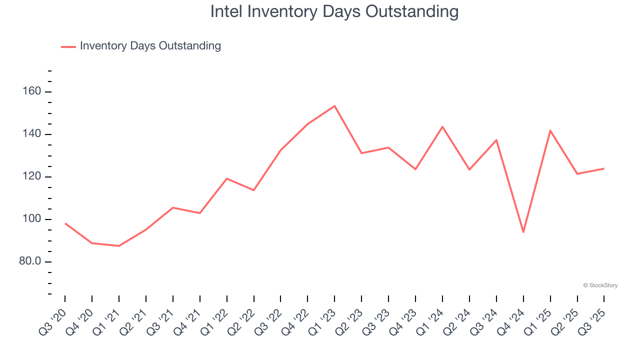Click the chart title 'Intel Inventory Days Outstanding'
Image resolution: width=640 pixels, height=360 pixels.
(x=334, y=11)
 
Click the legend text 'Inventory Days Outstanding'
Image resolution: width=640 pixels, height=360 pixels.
(x=150, y=46)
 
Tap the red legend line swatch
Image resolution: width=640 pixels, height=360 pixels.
(x=68, y=46)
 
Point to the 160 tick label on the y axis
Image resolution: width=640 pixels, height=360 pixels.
(x=31, y=92)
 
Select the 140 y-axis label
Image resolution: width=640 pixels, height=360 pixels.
(x=31, y=134)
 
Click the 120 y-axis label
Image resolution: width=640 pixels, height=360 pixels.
(x=31, y=177)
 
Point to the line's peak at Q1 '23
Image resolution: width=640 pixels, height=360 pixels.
(x=334, y=106)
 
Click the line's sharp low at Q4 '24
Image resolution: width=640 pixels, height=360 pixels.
(x=523, y=232)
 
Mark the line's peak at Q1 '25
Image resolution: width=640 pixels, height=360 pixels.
(x=550, y=130)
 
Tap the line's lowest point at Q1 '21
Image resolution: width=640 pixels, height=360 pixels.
(x=119, y=246)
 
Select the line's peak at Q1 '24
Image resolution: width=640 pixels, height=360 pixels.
(x=442, y=126)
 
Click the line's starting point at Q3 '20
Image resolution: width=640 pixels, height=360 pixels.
(x=65, y=223)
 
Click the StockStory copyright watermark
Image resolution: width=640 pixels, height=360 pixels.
(x=600, y=285)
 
